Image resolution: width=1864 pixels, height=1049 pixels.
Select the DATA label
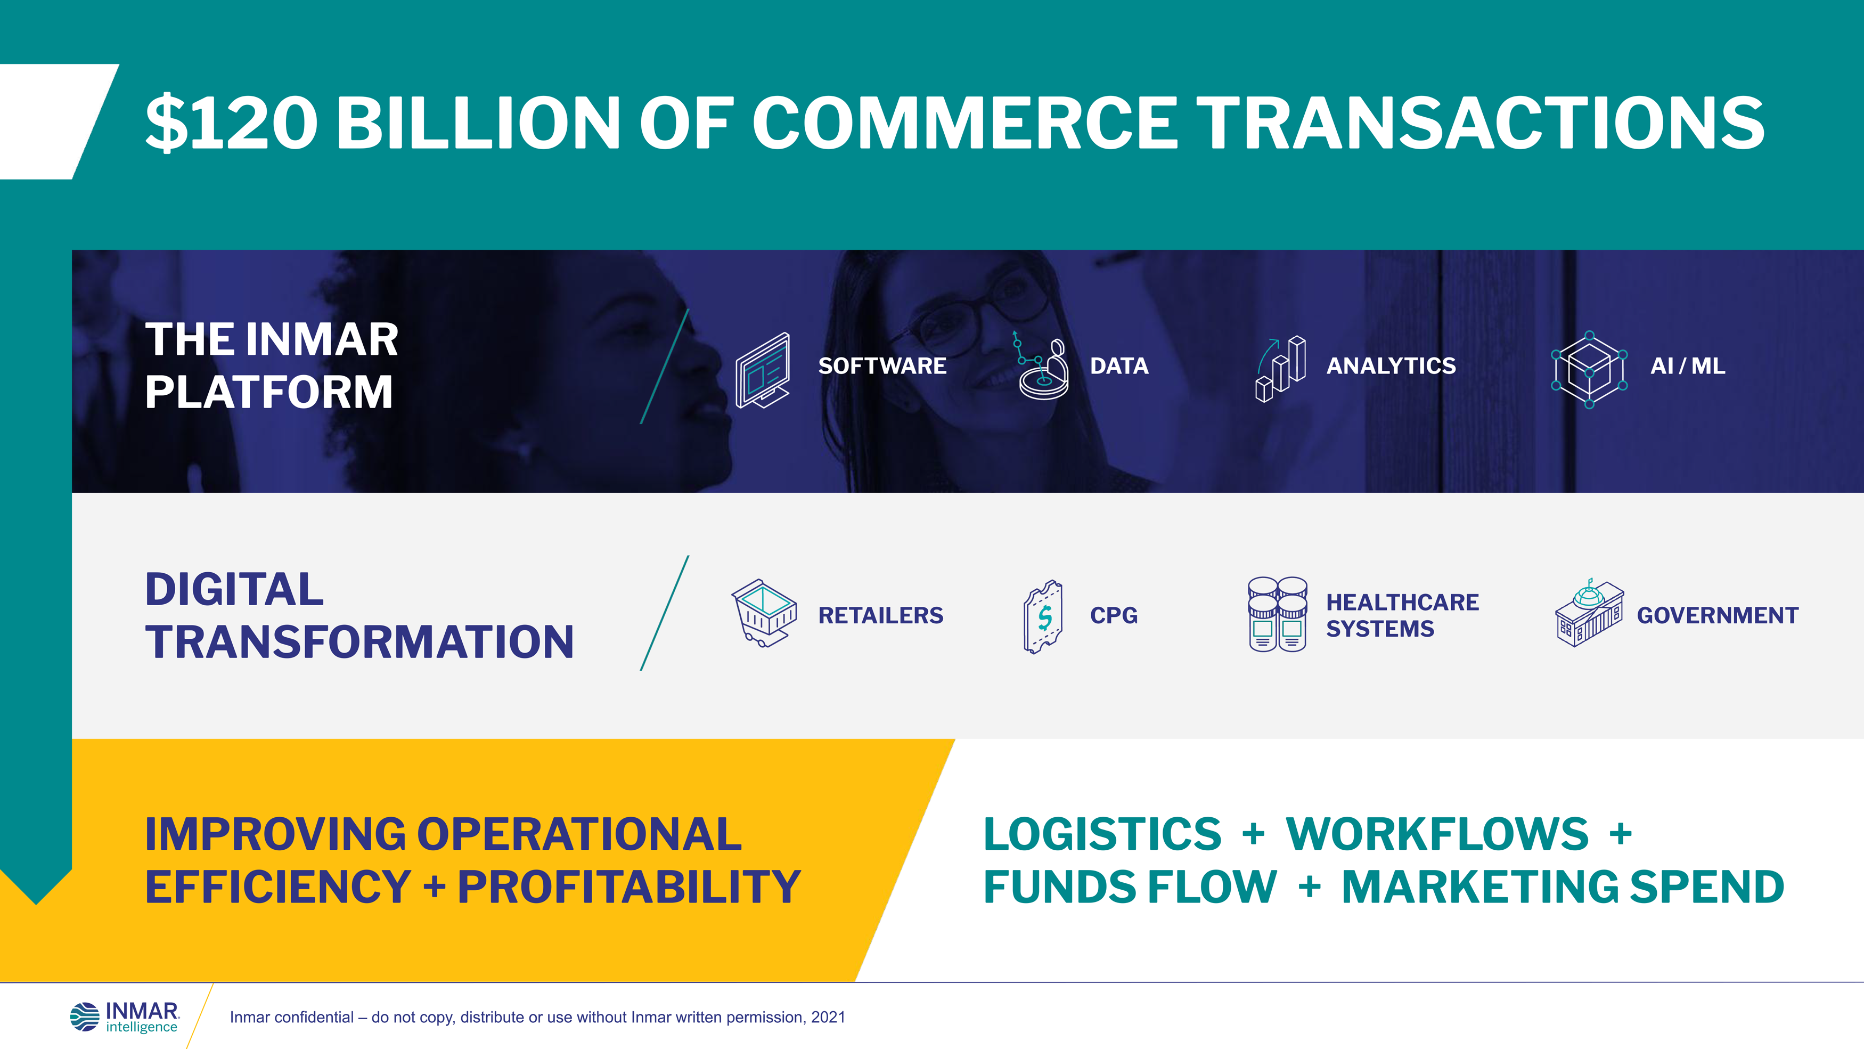[1119, 367]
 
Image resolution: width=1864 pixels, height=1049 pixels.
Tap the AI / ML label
[1687, 367]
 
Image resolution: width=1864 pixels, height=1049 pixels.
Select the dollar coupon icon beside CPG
[1043, 617]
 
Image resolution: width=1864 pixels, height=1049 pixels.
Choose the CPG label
[1114, 615]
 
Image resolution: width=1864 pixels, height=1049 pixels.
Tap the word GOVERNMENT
[1717, 615]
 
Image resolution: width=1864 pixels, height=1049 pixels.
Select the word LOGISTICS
[1102, 834]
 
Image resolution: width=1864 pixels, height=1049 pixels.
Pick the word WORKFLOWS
[1436, 834]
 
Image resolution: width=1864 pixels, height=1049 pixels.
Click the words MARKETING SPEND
[1563, 887]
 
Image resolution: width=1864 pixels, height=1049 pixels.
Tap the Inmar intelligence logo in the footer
[125, 1017]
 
